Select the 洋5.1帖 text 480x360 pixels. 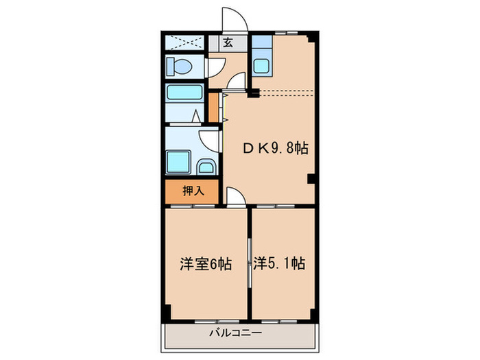click(278, 263)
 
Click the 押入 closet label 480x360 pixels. click(193, 191)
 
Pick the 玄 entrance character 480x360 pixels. click(228, 43)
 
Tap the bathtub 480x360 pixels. click(184, 93)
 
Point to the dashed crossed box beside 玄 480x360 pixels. click(185, 43)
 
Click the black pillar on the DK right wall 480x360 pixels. click(312, 180)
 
